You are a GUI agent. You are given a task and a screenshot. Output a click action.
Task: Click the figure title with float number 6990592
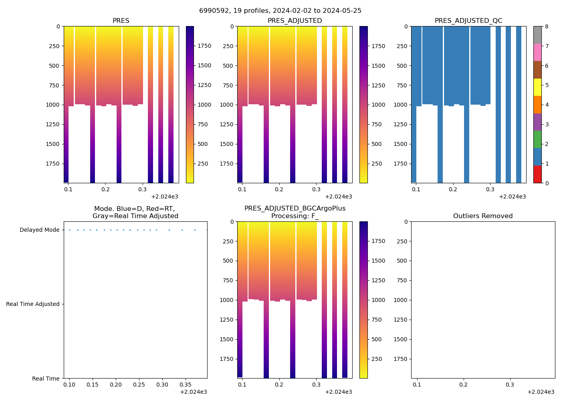[x=280, y=11]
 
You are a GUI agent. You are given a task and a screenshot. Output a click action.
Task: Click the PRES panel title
[x=121, y=21]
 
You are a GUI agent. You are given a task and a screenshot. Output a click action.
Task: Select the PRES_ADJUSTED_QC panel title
[x=468, y=21]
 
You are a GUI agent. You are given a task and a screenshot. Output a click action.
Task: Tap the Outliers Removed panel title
[x=482, y=216]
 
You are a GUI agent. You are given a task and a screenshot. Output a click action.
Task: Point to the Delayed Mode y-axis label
[x=39, y=230]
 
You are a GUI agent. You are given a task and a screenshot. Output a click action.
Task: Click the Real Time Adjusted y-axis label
[x=32, y=304]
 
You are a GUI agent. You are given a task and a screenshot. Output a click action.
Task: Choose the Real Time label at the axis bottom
[x=46, y=379]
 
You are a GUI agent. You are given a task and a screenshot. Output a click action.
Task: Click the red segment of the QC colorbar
[x=537, y=174]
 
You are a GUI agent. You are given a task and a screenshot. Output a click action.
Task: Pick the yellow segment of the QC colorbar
[x=537, y=87]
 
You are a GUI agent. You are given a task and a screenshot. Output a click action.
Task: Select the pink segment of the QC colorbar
[x=537, y=53]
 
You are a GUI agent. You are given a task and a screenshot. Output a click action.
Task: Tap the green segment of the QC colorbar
[x=537, y=140]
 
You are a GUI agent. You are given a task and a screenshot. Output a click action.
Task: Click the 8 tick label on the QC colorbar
[x=547, y=26]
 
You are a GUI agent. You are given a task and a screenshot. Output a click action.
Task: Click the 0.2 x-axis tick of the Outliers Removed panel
[x=463, y=385]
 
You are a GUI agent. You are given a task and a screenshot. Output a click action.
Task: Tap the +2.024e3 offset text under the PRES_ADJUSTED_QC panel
[x=512, y=196]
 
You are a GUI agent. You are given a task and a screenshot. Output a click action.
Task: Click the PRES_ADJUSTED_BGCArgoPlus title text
[x=295, y=209]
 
